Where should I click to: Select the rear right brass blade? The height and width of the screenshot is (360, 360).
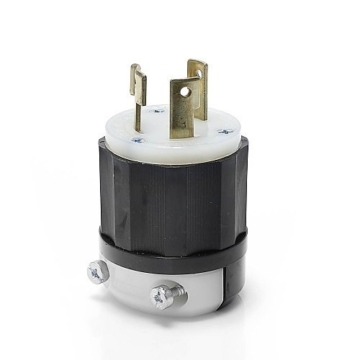(198, 83)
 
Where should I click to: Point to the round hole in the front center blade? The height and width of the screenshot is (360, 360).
(185, 92)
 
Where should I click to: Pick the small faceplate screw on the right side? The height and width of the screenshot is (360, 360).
(227, 132)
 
